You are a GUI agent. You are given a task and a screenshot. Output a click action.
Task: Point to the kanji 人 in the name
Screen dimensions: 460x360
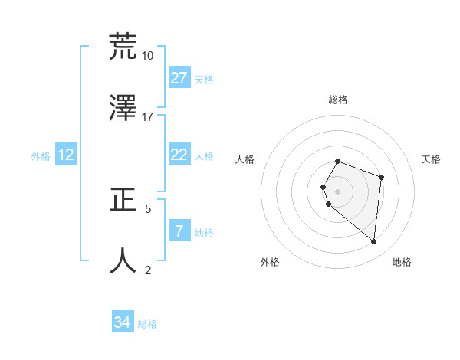123,260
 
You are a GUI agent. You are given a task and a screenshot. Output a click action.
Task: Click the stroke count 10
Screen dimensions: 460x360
147,56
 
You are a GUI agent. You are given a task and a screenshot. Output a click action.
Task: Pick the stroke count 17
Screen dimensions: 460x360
147,117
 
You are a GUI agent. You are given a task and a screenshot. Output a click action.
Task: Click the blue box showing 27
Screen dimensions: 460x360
179,78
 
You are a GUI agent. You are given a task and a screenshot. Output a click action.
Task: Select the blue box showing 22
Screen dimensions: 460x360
179,155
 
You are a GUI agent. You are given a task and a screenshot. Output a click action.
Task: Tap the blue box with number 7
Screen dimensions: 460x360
179,231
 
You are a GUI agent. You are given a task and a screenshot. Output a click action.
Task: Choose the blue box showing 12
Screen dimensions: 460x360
66,155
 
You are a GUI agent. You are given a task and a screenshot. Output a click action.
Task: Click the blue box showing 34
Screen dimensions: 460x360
123,322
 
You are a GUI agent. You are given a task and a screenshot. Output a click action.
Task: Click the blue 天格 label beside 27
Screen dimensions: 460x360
204,80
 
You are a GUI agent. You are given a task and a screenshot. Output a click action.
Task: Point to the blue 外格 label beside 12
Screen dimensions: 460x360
41,156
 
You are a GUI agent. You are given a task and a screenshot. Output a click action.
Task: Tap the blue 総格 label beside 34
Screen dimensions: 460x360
147,324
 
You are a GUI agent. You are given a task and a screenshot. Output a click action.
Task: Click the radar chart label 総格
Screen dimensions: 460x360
338,100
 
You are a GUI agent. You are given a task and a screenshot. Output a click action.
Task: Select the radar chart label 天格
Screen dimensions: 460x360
432,159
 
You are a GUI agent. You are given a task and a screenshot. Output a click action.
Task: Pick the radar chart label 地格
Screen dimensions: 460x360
402,263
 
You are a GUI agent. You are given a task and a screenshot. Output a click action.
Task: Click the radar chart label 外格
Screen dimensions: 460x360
270,263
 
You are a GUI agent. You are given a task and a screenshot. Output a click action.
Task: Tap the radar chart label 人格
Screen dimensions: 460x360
245,159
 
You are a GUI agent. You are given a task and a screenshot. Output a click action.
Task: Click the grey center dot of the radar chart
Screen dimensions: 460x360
338,191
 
